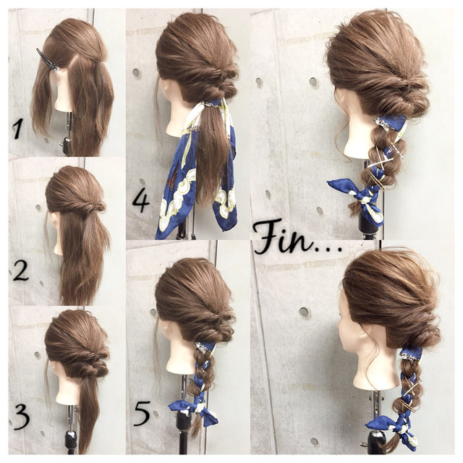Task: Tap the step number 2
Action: (x=21, y=271)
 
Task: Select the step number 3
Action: (x=22, y=417)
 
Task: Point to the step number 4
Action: (x=141, y=201)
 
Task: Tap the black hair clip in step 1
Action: (x=48, y=60)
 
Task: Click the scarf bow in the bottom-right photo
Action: (x=393, y=429)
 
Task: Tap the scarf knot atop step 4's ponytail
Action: (x=211, y=103)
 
